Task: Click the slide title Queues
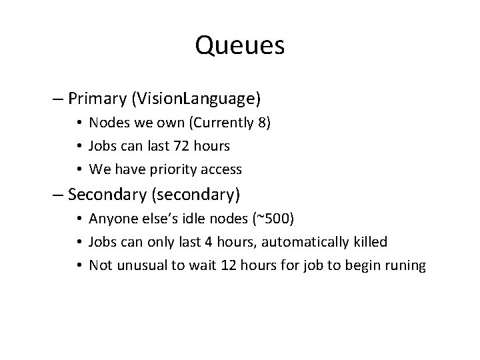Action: [x=240, y=45]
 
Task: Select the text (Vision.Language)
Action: [x=197, y=99]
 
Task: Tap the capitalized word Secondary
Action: [x=107, y=195]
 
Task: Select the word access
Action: [x=222, y=169]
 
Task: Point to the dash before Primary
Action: [x=59, y=99]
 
